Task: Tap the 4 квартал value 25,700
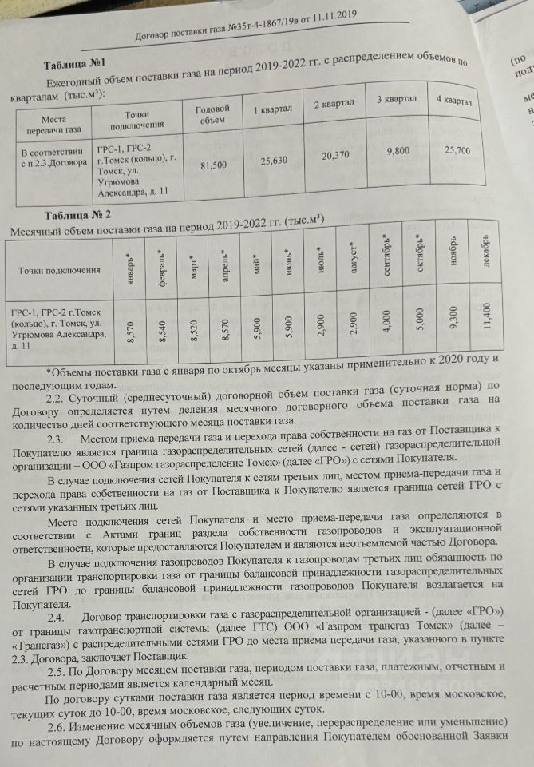[x=457, y=150]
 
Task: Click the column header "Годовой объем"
[x=212, y=114]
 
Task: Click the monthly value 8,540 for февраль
[x=163, y=328]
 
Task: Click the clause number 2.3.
[x=55, y=440]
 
